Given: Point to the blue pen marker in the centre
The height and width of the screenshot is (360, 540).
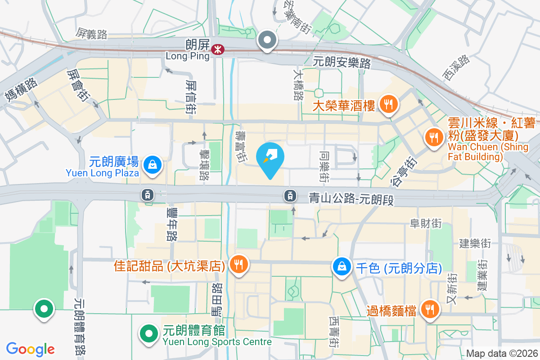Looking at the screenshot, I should pyautogui.click(x=270, y=158).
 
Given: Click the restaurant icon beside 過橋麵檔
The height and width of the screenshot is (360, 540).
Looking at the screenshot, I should pyautogui.click(x=430, y=309).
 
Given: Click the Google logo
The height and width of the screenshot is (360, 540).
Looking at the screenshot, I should pyautogui.click(x=31, y=349).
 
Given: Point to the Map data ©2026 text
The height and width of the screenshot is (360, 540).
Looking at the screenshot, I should pyautogui.click(x=502, y=354).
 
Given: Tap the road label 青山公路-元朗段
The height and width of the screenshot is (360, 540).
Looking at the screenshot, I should pyautogui.click(x=351, y=198).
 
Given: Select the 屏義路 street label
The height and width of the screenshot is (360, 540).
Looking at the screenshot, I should pyautogui.click(x=91, y=33).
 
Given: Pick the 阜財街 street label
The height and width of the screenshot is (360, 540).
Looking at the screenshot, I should pyautogui.click(x=425, y=223).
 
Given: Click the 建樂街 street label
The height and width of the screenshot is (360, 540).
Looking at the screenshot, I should pyautogui.click(x=475, y=243).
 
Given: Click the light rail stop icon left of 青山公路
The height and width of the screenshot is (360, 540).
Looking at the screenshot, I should pyautogui.click(x=290, y=195).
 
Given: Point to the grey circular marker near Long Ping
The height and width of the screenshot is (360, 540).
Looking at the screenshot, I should pyautogui.click(x=268, y=40).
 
